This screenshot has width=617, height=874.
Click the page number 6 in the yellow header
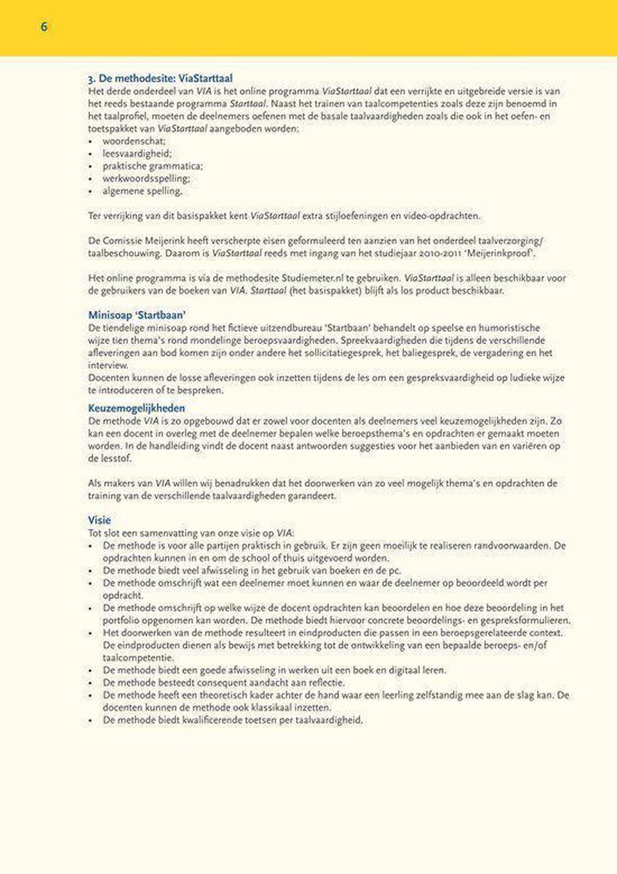coord(44,27)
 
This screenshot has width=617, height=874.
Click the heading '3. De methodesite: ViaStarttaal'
coord(159,76)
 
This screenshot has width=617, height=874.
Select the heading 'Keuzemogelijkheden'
coord(136,408)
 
